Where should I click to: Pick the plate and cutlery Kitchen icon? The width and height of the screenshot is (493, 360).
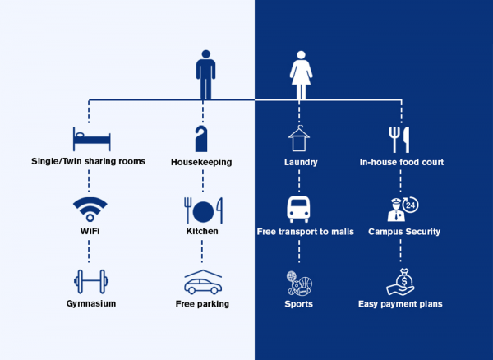pyautogui.click(x=200, y=209)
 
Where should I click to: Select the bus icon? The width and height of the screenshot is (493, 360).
pyautogui.click(x=298, y=209)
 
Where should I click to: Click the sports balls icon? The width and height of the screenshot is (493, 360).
pyautogui.click(x=299, y=283)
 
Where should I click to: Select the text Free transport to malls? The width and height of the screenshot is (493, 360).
pyautogui.click(x=305, y=232)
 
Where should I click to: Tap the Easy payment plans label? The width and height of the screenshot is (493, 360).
pyautogui.click(x=400, y=304)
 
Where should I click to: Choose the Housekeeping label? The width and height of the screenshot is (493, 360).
pyautogui.click(x=200, y=162)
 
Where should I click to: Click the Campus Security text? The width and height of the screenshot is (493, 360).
pyautogui.click(x=403, y=232)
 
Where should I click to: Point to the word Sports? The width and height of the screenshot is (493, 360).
pyautogui.click(x=298, y=304)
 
